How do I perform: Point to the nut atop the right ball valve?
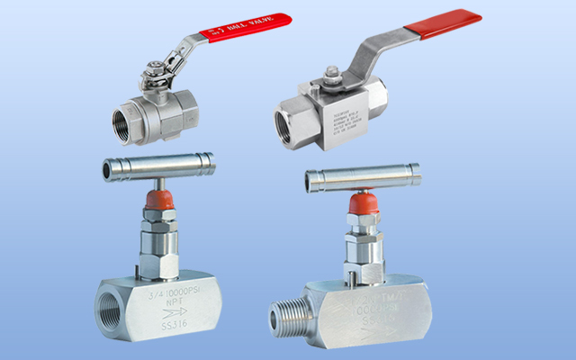(x=330, y=74)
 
